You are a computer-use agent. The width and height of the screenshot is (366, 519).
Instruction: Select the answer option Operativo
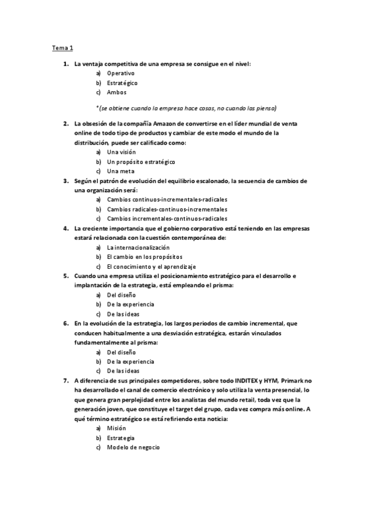[x=121, y=73]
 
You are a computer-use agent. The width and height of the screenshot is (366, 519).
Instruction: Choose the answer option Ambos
[x=116, y=92]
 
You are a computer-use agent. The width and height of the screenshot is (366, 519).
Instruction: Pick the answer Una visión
[x=121, y=152]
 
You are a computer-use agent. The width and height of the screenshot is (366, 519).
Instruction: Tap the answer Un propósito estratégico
[x=141, y=162]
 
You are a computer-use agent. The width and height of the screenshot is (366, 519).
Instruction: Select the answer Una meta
[x=120, y=171]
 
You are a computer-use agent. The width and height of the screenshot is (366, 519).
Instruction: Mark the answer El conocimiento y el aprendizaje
[x=151, y=266]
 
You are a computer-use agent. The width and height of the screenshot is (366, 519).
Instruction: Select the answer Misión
[x=116, y=428]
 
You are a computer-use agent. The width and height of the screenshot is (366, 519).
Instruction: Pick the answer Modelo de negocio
[x=133, y=447]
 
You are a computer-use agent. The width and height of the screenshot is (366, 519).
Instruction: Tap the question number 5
[x=66, y=276]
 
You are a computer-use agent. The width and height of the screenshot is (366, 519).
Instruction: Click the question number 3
[x=66, y=181]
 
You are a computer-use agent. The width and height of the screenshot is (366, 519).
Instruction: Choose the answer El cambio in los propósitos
[x=144, y=256]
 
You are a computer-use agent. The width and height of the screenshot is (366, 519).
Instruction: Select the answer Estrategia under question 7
[x=120, y=438]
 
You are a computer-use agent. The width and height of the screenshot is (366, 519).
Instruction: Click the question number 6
[x=66, y=323]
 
